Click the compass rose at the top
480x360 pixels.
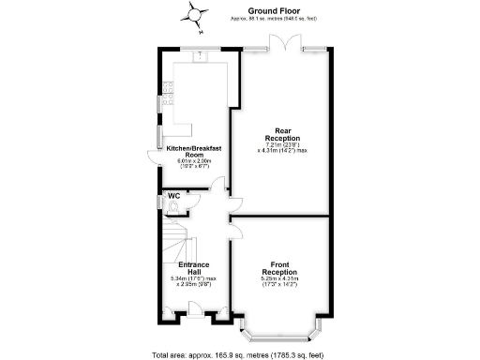(196, 12)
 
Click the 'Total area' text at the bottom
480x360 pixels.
(240, 354)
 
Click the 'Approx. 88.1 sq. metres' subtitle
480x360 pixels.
(280, 18)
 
